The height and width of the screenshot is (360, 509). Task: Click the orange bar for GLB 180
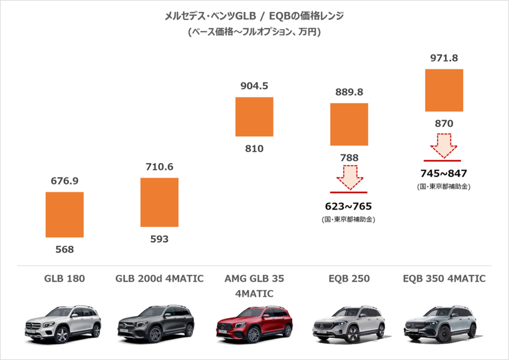pos(65,214)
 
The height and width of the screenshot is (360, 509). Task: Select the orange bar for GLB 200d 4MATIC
pos(159,202)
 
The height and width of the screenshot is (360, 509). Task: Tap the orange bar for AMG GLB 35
pos(254,116)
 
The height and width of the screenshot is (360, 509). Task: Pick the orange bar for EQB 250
pos(349,124)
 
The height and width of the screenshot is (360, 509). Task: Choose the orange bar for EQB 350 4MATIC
pos(444,90)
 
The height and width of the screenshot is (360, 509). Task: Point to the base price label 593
pos(159,239)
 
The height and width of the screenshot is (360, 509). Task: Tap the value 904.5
pos(254,86)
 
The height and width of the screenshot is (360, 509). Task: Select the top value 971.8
pos(444,58)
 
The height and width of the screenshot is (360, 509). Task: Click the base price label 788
pos(349,158)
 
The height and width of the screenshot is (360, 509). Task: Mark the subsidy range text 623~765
pos(349,206)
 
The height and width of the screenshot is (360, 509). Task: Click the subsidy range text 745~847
pos(443,174)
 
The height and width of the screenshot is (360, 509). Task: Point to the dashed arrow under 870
pos(444,145)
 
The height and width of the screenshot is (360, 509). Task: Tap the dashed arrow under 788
pos(349,178)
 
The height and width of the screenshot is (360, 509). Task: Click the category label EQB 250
pos(349,278)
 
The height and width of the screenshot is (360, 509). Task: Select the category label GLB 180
pos(65,278)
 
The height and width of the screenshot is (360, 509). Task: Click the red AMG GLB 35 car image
pos(254,324)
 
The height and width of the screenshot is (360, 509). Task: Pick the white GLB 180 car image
pos(63,324)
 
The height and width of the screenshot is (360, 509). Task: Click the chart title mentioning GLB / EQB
pos(254,16)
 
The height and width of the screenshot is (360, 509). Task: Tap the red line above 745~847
pos(443,161)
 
